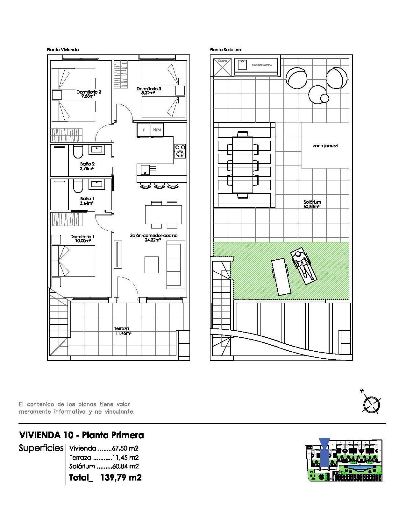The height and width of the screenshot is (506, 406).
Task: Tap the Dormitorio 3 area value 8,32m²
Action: click(x=149, y=93)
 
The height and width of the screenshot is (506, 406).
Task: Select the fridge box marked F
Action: click(x=144, y=130)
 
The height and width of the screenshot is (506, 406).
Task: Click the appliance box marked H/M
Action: click(x=157, y=130)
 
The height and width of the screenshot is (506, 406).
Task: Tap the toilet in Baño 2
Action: click(x=78, y=152)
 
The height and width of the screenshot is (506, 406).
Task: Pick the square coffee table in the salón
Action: click(x=152, y=264)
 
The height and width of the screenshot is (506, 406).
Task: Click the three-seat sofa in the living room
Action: click(x=175, y=264)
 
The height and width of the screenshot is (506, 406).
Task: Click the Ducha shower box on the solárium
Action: click(x=222, y=67)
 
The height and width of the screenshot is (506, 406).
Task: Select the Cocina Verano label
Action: click(x=262, y=65)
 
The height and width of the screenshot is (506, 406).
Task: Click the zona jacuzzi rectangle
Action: click(x=325, y=146)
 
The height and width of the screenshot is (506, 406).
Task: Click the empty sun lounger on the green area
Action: click(x=281, y=277)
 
